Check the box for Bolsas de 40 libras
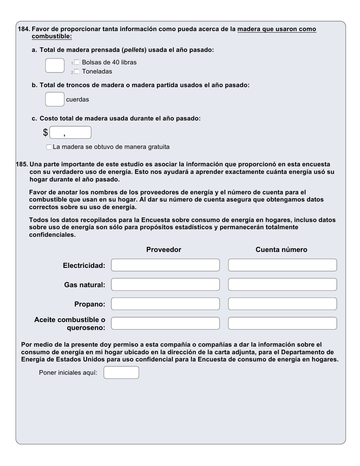click(x=77, y=63)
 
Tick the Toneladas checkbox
click(x=77, y=72)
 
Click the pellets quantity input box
click(x=55, y=66)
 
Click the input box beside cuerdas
click(x=55, y=99)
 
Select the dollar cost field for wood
click(x=70, y=133)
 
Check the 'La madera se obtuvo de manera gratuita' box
click(x=49, y=147)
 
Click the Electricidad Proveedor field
click(x=165, y=265)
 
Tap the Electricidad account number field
click(x=282, y=265)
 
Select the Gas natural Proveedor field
click(x=165, y=285)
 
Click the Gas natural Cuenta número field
click(x=282, y=285)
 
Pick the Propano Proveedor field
click(x=165, y=304)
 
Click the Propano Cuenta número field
click(x=282, y=304)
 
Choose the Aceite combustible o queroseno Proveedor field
click(x=165, y=323)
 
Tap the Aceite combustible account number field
click(x=282, y=323)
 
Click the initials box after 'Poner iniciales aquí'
click(x=121, y=372)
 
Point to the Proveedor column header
click(x=164, y=250)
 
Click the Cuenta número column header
click(x=281, y=250)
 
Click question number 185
click(x=22, y=164)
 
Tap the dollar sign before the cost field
click(x=45, y=133)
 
